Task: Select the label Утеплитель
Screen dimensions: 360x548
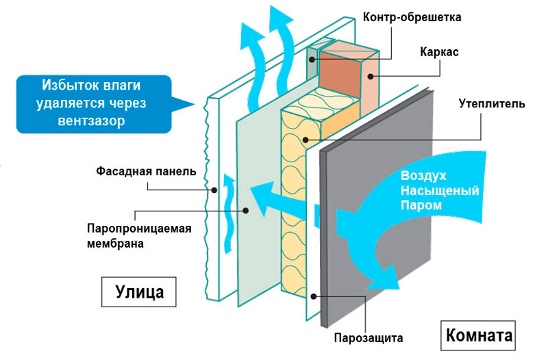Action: [492, 105]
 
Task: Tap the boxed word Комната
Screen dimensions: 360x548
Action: [479, 337]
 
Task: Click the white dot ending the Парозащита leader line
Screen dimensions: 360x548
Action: [314, 296]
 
